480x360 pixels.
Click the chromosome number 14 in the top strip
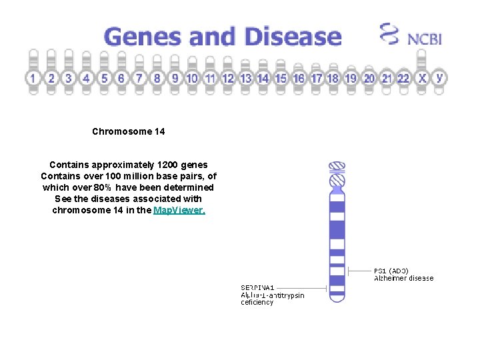pos(263,78)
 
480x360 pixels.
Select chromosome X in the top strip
pos(422,78)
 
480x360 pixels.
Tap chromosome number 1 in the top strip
pos(33,78)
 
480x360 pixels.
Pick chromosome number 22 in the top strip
pos(403,78)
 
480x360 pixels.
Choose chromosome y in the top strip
pos(439,77)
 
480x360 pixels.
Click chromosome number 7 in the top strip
pos(139,78)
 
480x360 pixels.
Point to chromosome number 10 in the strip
pos(192,78)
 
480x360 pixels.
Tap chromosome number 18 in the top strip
pos(333,78)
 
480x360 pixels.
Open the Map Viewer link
pos(179,210)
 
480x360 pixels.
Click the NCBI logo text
pos(425,38)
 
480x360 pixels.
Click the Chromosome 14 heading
pos(129,131)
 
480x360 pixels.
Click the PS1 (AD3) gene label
pos(391,271)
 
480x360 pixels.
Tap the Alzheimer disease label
pos(404,278)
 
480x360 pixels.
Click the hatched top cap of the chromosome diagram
pos(338,166)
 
